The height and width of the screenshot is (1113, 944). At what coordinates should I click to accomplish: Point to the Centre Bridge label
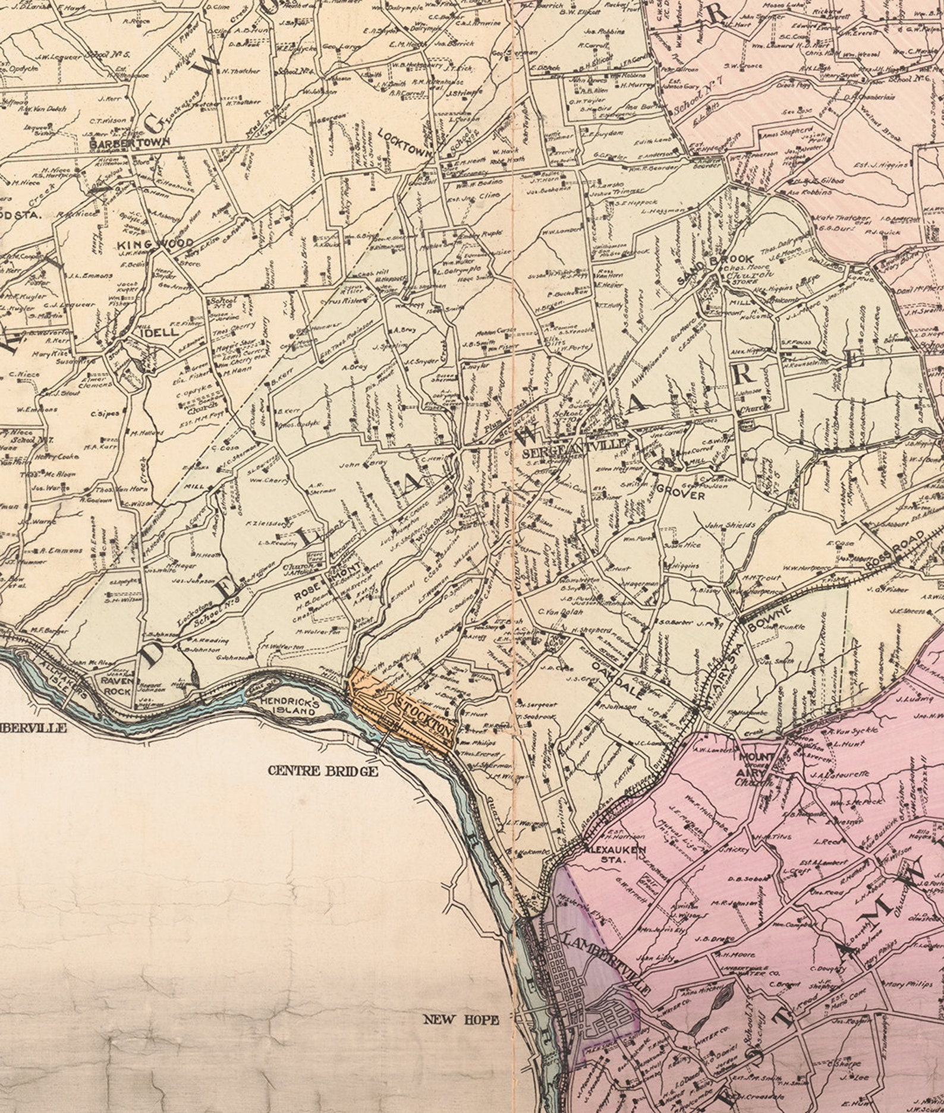[x=323, y=771]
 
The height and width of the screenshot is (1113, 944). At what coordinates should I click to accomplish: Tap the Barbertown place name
[x=130, y=142]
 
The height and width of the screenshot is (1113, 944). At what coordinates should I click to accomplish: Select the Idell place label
[x=159, y=333]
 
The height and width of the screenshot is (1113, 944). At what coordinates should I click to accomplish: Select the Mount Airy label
[x=757, y=767]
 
